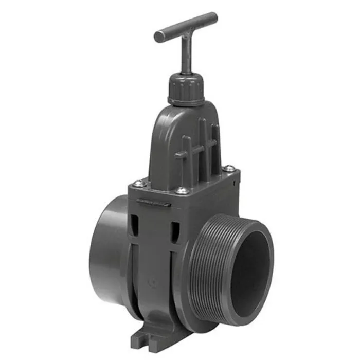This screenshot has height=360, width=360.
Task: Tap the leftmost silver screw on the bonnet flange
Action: (137, 183)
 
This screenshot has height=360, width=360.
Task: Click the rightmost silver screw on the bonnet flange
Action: (230, 168)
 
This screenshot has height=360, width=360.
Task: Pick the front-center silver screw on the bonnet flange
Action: (182, 191)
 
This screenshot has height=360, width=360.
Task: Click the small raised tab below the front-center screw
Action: (156, 203)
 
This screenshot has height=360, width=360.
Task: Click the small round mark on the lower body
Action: (151, 282)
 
